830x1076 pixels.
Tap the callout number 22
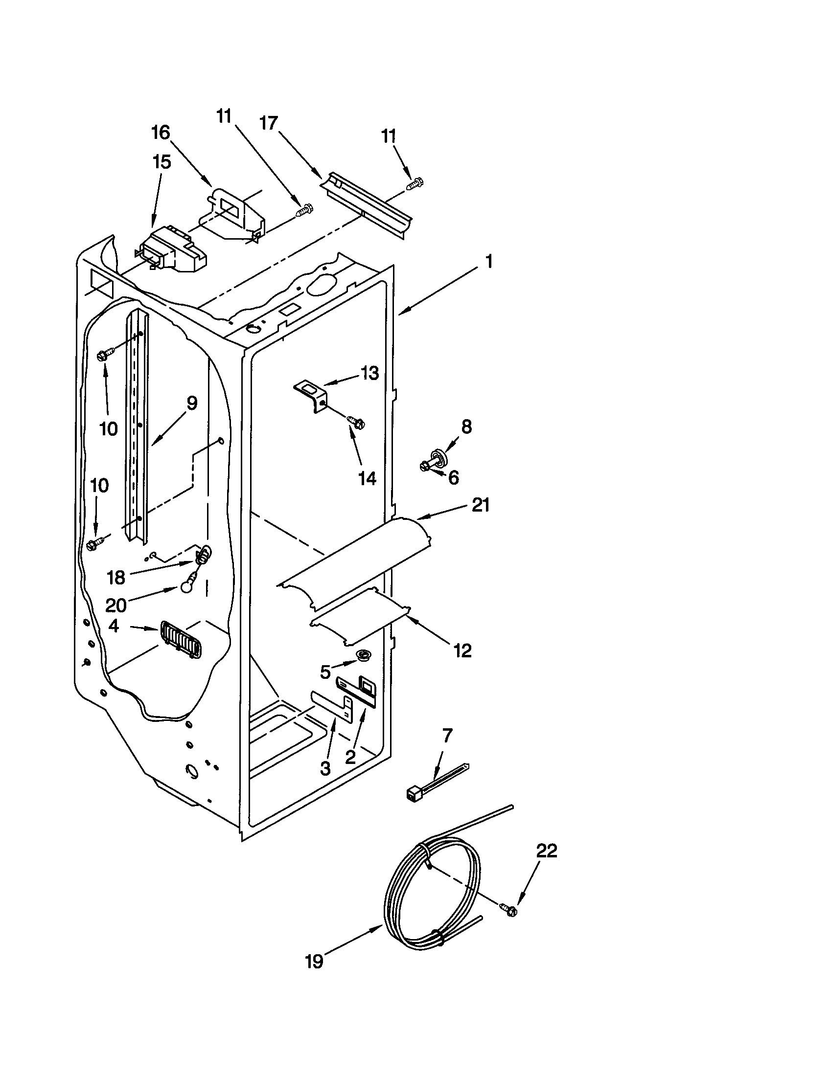point(546,851)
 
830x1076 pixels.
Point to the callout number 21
point(480,505)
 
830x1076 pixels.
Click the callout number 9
point(191,403)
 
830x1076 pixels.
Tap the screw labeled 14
point(356,422)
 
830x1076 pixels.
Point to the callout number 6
point(454,477)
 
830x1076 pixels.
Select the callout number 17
point(269,123)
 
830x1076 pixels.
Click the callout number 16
point(161,133)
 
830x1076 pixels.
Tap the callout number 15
point(161,161)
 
